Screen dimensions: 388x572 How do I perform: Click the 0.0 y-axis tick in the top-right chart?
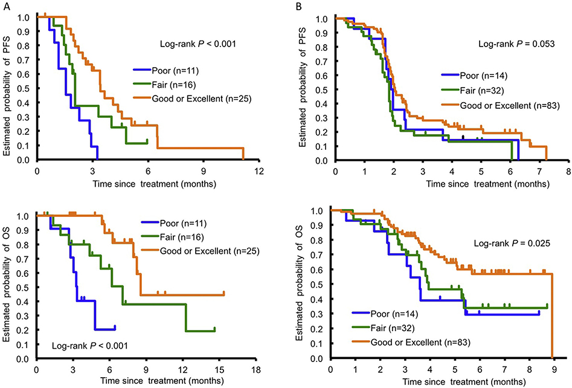pos(324,160)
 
